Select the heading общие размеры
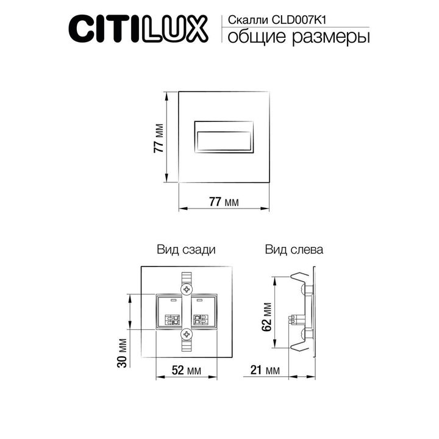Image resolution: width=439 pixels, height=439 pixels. click(x=299, y=38)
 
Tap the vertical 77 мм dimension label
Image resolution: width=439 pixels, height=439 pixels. click(x=158, y=138)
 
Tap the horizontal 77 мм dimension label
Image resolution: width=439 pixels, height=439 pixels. click(x=224, y=201)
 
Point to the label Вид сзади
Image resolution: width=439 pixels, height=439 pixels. click(x=185, y=249)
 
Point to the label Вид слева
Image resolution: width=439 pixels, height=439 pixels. click(x=294, y=249)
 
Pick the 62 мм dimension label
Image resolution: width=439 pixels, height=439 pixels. click(x=266, y=316)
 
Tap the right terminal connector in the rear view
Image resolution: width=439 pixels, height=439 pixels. click(x=199, y=318)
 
